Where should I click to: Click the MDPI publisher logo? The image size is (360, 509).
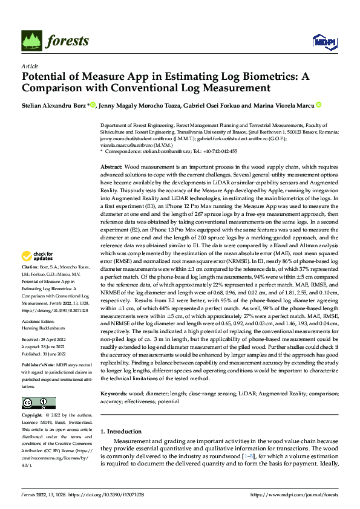click(x=321, y=41)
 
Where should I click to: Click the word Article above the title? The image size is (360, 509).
click(x=30, y=65)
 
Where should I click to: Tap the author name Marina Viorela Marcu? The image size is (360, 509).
click(x=286, y=105)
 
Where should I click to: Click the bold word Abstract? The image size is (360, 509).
click(x=111, y=166)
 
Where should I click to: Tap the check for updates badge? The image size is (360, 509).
click(x=38, y=273)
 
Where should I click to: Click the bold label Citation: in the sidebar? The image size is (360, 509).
click(x=31, y=283)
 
